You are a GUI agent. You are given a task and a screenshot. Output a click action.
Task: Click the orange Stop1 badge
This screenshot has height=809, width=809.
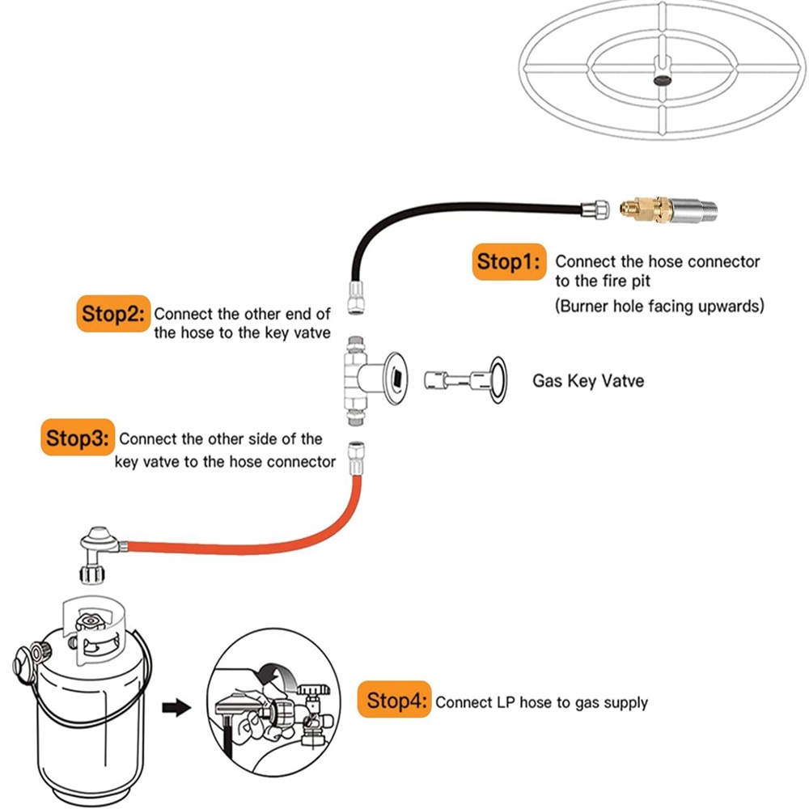507,262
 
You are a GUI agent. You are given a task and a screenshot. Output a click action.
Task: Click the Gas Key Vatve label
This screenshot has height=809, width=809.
588,379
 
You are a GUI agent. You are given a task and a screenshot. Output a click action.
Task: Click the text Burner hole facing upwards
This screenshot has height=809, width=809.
659,307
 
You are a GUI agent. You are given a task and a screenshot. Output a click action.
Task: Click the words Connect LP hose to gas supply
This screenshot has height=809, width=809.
541,702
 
